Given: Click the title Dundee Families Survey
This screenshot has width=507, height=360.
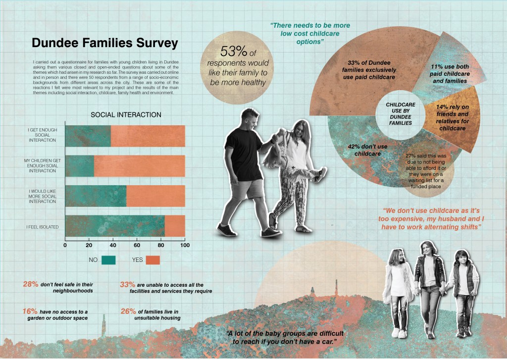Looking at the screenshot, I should [104, 44].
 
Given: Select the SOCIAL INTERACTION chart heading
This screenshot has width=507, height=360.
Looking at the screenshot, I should [126, 114].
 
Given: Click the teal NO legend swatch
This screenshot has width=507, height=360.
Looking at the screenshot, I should [108, 259].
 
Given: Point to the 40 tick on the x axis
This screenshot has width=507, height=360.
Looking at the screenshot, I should [113, 245].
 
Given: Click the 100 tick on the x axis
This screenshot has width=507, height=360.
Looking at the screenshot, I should [184, 245].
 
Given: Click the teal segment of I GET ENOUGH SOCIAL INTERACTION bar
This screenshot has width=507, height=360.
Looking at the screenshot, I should [88, 136].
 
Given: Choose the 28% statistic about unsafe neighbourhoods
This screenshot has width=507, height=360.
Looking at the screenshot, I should [31, 284].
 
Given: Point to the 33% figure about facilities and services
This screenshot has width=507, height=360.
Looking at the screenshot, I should [128, 284].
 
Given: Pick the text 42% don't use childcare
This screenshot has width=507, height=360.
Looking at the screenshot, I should [368, 150].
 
